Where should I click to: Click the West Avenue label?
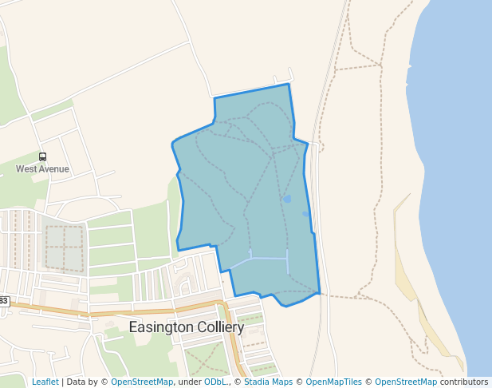(x=42, y=169)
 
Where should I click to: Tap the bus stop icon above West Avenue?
(x=42, y=157)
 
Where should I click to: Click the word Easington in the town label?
(x=160, y=327)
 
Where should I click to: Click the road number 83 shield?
(x=4, y=301)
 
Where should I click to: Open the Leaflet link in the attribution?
(x=45, y=382)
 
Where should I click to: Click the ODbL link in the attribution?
(x=215, y=382)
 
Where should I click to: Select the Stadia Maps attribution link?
(x=268, y=382)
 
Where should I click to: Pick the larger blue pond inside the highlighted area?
(x=287, y=199)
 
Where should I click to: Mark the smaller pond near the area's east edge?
(x=305, y=214)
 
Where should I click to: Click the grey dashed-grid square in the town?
(x=63, y=247)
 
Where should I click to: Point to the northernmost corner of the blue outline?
(x=288, y=84)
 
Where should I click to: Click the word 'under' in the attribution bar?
(x=189, y=382)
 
